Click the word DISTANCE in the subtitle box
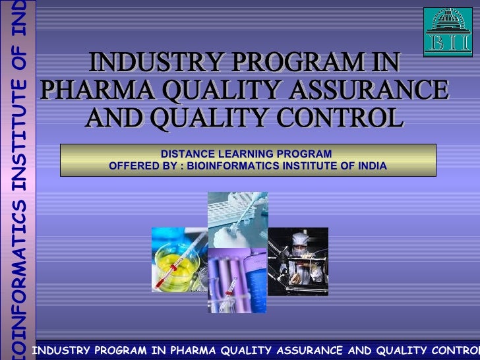coord(181,154)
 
